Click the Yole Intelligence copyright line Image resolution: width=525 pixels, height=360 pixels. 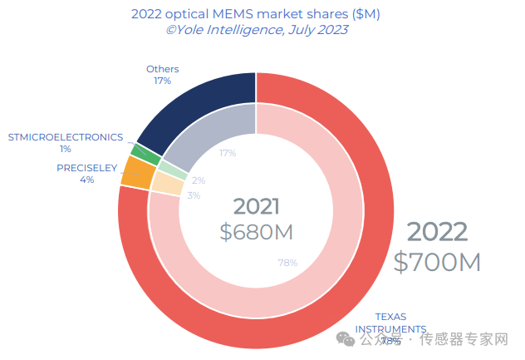click(x=256, y=30)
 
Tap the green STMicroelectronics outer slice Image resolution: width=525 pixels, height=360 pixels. click(x=145, y=154)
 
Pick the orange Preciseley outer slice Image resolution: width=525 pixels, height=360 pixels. click(x=137, y=173)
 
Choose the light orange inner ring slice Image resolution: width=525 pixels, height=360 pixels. click(x=167, y=184)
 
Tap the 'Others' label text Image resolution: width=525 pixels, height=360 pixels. click(x=162, y=69)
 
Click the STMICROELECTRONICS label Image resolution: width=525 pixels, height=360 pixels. click(x=66, y=137)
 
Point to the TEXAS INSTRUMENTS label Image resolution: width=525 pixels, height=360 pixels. click(x=391, y=323)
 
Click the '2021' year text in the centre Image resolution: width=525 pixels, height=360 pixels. click(x=256, y=207)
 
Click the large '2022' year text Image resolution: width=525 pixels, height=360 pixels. click(x=437, y=232)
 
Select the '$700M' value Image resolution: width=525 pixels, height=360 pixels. click(x=437, y=262)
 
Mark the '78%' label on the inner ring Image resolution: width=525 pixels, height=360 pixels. click(x=287, y=264)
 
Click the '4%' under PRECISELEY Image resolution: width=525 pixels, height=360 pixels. click(x=86, y=180)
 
